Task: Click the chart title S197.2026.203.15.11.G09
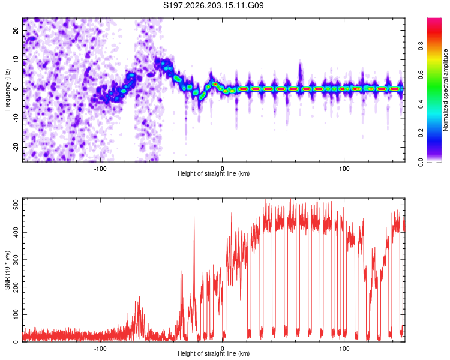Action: tap(213, 5)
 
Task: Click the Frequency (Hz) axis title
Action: tap(7, 90)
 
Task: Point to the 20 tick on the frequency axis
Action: tap(16, 31)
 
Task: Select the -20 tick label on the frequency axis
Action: tap(16, 147)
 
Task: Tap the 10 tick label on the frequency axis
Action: tap(16, 59)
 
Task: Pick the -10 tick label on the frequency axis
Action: tap(16, 118)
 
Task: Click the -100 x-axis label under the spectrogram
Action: tap(100, 169)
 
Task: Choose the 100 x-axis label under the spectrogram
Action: tap(344, 169)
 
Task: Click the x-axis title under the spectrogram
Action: tap(214, 173)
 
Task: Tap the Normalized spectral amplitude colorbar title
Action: tap(445, 90)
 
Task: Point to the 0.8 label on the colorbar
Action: tap(421, 46)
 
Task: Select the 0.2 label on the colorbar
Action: tap(421, 133)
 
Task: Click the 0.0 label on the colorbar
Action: tap(421, 162)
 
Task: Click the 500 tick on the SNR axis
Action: tap(16, 205)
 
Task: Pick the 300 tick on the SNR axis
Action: tap(16, 260)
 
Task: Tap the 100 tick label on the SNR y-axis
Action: tap(16, 314)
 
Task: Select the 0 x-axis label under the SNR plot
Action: tap(222, 349)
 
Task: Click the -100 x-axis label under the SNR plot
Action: tap(100, 349)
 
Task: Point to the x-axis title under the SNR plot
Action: tap(214, 353)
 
